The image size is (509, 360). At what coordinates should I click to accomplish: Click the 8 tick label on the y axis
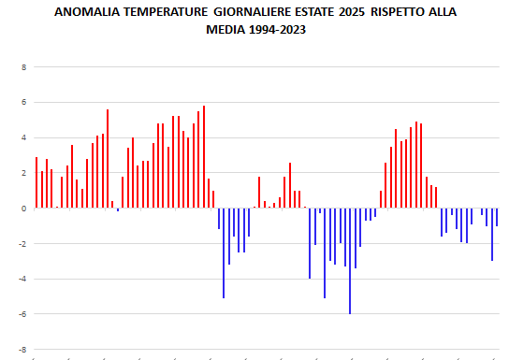pyautogui.click(x=23, y=67)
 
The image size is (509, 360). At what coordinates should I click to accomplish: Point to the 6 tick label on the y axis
pyautogui.click(x=23, y=103)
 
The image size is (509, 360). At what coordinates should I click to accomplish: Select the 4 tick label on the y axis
pyautogui.click(x=23, y=138)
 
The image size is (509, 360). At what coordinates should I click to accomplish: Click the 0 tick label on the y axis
pyautogui.click(x=23, y=209)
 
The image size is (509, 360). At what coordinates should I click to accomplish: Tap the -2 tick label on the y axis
pyautogui.click(x=22, y=244)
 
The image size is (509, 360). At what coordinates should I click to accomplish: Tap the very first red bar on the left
pyautogui.click(x=36, y=183)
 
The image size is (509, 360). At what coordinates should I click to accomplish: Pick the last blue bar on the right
pyautogui.click(x=497, y=218)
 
